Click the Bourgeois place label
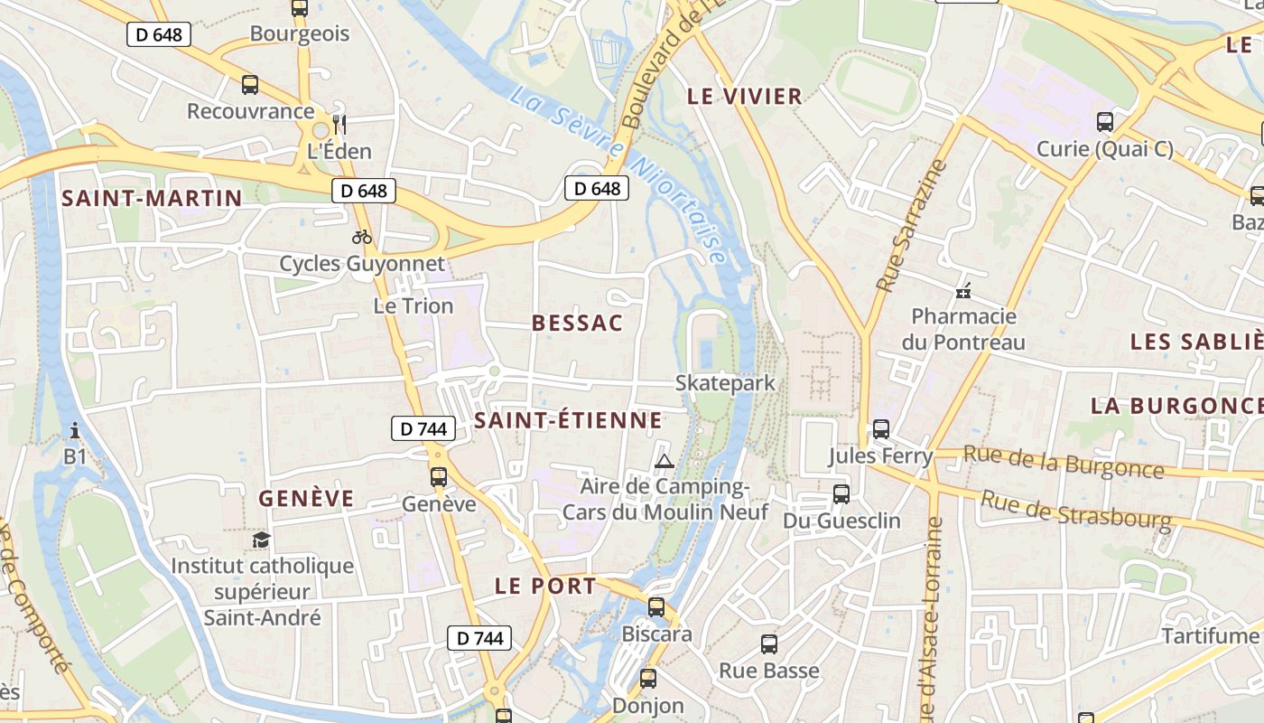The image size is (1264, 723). pyautogui.click(x=299, y=34)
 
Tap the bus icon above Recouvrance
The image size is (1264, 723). pyautogui.click(x=250, y=85)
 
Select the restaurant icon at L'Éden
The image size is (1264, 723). pyautogui.click(x=339, y=124)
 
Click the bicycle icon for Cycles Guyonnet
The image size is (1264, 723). pyautogui.click(x=362, y=238)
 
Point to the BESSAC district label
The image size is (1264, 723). pyautogui.click(x=578, y=324)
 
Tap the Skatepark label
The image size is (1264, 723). pyautogui.click(x=725, y=383)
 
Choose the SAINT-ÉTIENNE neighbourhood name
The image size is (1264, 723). pyautogui.click(x=569, y=420)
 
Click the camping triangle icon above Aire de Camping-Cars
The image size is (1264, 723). pyautogui.click(x=665, y=462)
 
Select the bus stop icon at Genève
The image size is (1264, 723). pyautogui.click(x=439, y=476)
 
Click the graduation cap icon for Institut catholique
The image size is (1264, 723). pyautogui.click(x=262, y=540)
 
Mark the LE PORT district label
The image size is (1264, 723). pyautogui.click(x=545, y=586)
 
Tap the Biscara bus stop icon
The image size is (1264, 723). pyautogui.click(x=656, y=606)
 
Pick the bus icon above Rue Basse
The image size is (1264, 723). pyautogui.click(x=769, y=644)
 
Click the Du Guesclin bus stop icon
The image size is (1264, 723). pyautogui.click(x=841, y=493)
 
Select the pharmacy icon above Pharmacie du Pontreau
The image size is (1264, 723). pyautogui.click(x=963, y=291)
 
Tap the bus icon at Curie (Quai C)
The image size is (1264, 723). pyautogui.click(x=1105, y=122)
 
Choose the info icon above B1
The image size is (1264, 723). pyautogui.click(x=75, y=430)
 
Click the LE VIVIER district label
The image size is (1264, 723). pyautogui.click(x=745, y=96)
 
